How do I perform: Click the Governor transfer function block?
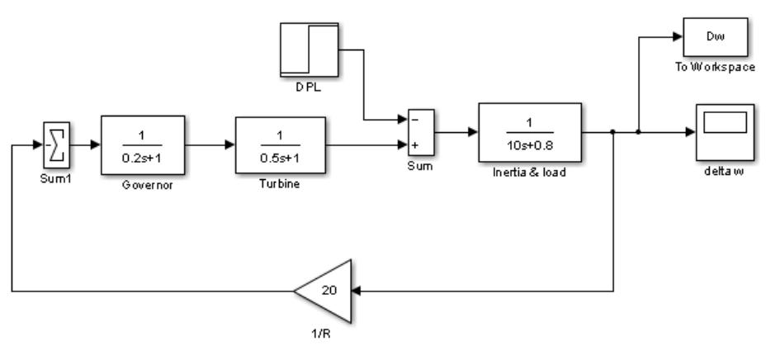(x=143, y=145)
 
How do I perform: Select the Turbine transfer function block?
(x=280, y=145)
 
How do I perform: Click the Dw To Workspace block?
(x=715, y=37)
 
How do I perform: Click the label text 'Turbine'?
(x=280, y=184)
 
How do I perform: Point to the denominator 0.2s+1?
(x=143, y=157)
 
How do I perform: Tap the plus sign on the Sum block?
(x=413, y=145)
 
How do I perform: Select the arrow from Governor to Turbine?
(x=210, y=145)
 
